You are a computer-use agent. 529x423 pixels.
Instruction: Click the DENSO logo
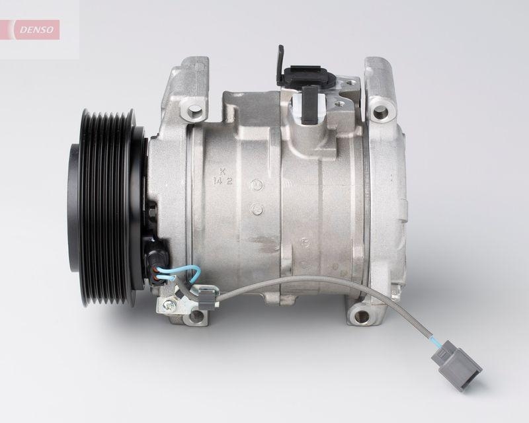coord(34,29)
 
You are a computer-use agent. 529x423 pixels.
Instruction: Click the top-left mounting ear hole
coord(194,109)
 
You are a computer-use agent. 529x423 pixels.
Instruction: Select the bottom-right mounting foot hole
coord(360,316)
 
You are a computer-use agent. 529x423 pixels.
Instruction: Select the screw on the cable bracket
coord(169,305)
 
